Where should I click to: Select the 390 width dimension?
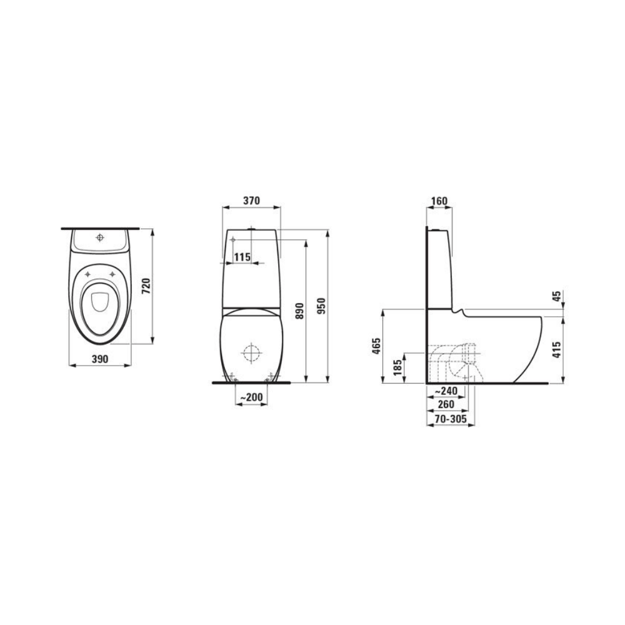pyautogui.click(x=100, y=359)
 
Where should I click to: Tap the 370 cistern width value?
pyautogui.click(x=251, y=201)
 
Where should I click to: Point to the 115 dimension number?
pyautogui.click(x=242, y=257)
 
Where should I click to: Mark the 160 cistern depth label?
pyautogui.click(x=439, y=201)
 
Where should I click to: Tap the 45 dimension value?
pyautogui.click(x=556, y=296)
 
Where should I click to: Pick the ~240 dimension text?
pyautogui.click(x=446, y=392)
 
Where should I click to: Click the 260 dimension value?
pyautogui.click(x=446, y=405)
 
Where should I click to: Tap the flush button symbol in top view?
pyautogui.click(x=100, y=237)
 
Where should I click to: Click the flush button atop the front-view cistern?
pyautogui.click(x=252, y=229)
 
